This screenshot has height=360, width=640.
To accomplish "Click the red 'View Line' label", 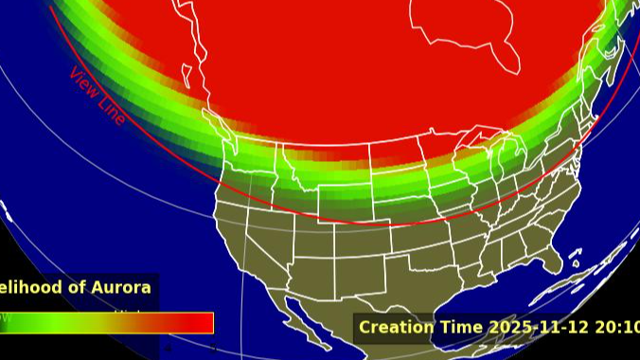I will [x=97, y=96].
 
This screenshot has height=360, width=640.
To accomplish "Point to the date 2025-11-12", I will [x=537, y=328].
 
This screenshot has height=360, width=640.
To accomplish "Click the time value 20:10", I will [x=615, y=328].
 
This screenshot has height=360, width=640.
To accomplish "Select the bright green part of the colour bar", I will [x=38, y=323].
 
